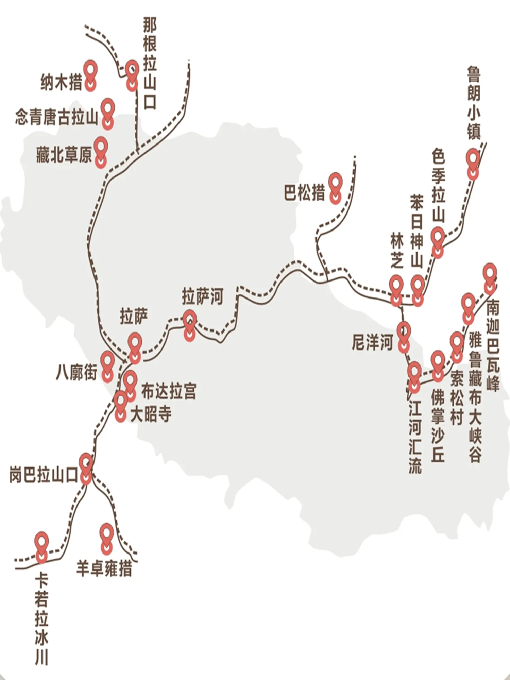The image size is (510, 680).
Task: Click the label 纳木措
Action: click(62, 82)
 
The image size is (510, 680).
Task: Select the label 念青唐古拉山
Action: click(56, 118)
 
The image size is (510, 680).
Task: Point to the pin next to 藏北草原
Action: click(101, 152)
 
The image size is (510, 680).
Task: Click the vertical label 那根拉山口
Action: click(150, 64)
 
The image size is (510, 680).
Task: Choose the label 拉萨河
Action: click(203, 296)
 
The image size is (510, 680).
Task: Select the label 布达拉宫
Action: click(169, 391)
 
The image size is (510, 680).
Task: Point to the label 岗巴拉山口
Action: click(44, 475)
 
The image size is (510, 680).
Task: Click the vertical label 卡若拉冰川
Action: click(42, 619)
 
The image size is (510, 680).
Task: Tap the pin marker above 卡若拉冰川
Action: click(42, 547)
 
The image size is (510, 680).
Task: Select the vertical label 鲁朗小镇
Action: click(474, 103)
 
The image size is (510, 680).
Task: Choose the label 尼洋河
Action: click(373, 342)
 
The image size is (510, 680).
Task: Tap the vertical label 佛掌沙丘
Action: click(438, 425)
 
